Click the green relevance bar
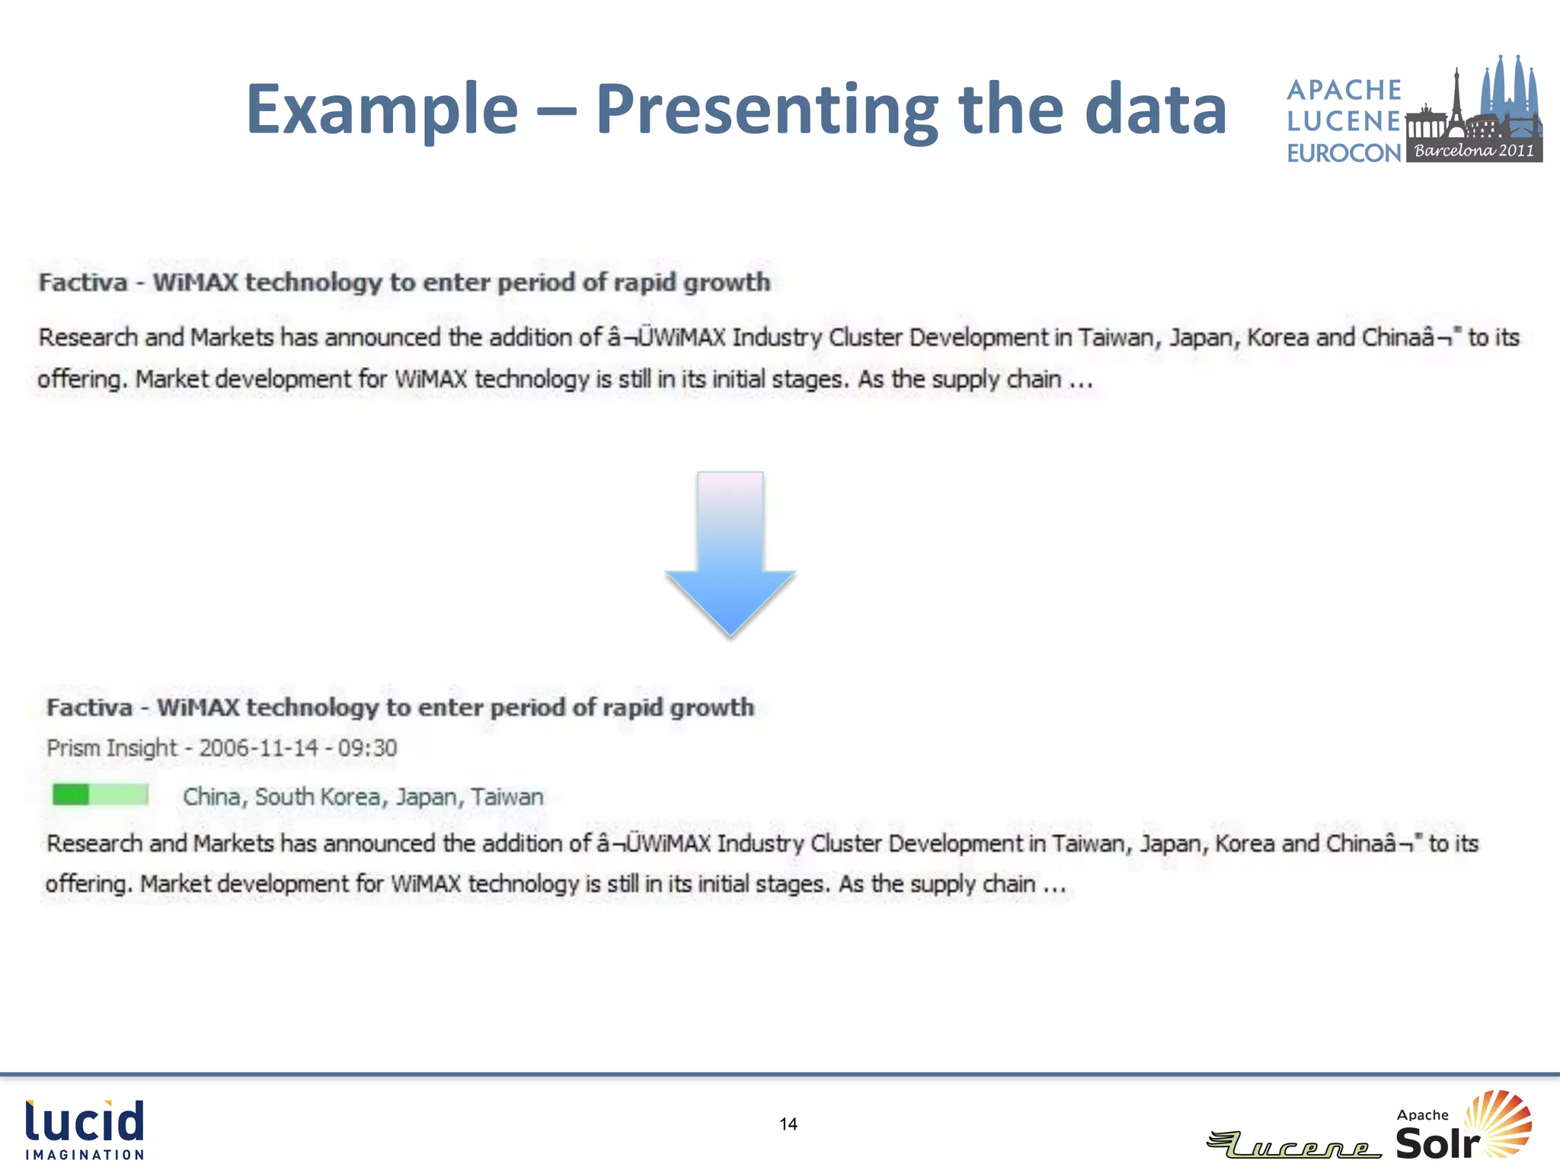coord(100,794)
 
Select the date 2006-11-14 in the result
coord(258,748)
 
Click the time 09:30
coord(367,748)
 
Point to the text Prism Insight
coord(111,748)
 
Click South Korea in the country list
coord(317,797)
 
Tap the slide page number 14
coord(788,1124)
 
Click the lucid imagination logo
coord(85,1130)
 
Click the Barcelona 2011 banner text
coord(1474,151)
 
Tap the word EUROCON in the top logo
coord(1344,153)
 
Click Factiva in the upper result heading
coord(83,283)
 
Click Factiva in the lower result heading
coord(89,708)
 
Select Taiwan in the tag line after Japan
coord(507,797)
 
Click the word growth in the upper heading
coord(726,283)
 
